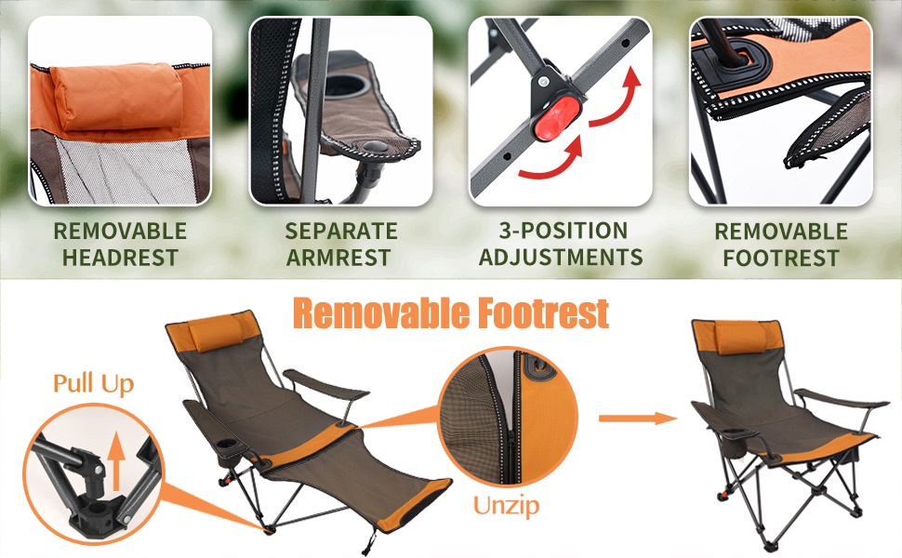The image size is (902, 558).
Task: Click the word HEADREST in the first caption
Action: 120,257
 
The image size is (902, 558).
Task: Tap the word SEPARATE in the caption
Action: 341,231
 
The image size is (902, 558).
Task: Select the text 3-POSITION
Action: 564,230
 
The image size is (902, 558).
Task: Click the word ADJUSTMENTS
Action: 561,257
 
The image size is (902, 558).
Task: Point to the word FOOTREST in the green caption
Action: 781,258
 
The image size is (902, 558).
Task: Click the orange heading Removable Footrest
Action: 451,313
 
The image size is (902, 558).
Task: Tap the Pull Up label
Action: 93,384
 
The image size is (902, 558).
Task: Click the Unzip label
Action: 506,506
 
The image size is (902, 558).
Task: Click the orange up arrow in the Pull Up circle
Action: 117,460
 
